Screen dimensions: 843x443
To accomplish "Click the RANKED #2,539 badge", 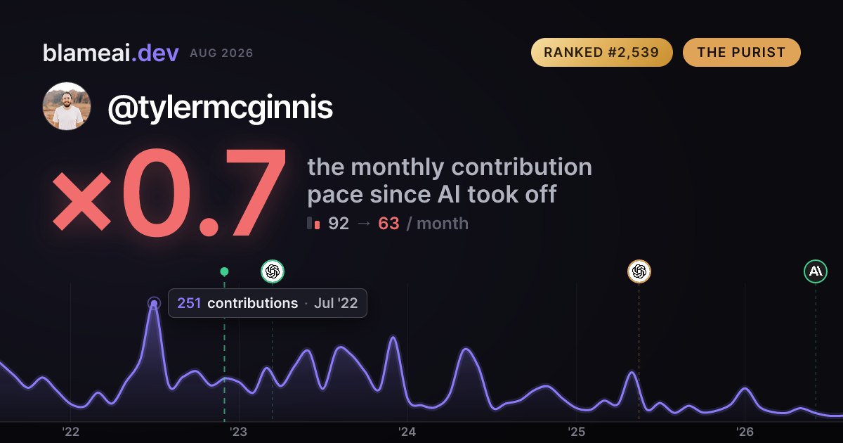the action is click(x=602, y=52).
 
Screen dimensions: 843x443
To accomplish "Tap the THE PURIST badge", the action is click(x=741, y=52).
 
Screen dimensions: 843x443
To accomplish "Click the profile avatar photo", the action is click(x=67, y=106).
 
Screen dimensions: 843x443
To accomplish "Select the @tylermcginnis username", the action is click(x=220, y=108).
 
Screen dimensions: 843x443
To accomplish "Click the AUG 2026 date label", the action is click(x=221, y=53).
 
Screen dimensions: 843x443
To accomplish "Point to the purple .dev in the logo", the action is click(x=155, y=53).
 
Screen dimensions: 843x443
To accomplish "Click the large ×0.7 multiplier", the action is click(x=169, y=193).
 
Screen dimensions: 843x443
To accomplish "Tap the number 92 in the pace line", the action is click(x=339, y=224).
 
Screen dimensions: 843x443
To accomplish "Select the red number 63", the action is click(x=388, y=224).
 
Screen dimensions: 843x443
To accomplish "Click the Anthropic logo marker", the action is click(x=816, y=271).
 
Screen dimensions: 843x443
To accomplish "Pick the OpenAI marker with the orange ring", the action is click(x=639, y=271).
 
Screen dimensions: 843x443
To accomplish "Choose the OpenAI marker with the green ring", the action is click(x=273, y=271).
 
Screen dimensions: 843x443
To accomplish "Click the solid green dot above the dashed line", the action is click(x=224, y=271).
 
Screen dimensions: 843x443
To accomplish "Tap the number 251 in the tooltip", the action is click(x=189, y=303).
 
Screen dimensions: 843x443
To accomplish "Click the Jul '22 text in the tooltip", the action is click(x=336, y=303).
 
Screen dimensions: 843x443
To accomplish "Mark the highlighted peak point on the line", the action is click(x=154, y=303).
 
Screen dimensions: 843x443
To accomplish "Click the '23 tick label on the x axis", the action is click(x=239, y=432).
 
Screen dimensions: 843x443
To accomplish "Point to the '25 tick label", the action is click(x=576, y=432).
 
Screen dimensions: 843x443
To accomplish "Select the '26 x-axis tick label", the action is click(x=745, y=432).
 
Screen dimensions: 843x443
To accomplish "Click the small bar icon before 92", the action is click(x=313, y=223).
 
